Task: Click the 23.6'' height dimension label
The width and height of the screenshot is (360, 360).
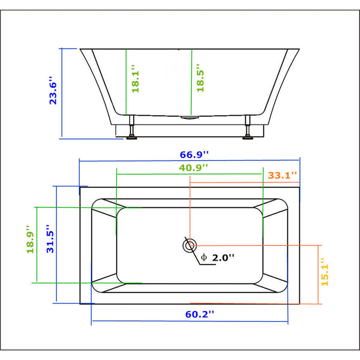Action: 53,91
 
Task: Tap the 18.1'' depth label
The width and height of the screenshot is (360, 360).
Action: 135,79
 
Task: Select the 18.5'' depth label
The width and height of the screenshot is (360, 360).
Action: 200,78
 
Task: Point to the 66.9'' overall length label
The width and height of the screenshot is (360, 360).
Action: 194,154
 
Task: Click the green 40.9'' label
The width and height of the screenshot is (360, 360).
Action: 193,168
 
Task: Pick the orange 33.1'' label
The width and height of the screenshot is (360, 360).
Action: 282,175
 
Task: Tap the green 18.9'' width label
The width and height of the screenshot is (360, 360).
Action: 30,239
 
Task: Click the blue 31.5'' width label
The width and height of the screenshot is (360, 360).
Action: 50,239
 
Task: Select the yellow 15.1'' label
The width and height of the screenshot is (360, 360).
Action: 325,272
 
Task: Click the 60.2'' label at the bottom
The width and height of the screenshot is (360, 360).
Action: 200,314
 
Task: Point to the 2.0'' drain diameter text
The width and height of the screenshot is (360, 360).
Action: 223,258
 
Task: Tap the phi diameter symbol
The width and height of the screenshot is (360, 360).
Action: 204,257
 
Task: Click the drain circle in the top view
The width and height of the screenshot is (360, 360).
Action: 190,246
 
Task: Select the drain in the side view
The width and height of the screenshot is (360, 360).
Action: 190,118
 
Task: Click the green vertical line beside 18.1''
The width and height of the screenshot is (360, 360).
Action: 126,82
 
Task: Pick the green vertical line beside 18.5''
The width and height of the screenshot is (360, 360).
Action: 191,82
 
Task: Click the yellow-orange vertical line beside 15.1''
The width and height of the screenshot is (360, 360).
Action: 318,275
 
